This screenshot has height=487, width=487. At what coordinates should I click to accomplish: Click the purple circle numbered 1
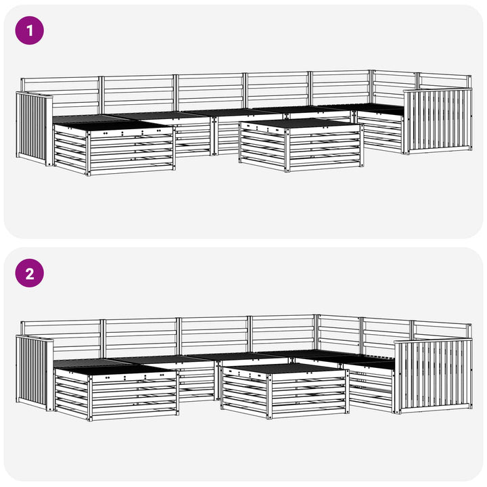(30, 30)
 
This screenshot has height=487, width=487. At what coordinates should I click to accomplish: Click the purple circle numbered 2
(30, 273)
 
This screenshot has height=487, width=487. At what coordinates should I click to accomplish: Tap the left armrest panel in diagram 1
(34, 129)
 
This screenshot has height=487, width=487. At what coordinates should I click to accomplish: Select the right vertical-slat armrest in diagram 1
(438, 121)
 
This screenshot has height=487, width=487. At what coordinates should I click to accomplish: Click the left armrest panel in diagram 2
(34, 373)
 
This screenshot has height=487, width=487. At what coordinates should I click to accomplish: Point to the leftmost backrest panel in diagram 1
(61, 95)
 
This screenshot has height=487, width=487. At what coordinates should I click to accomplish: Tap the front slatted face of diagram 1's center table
(325, 147)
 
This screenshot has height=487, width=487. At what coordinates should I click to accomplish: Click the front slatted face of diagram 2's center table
(309, 394)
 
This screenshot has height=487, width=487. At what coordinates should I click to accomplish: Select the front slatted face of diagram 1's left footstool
(131, 152)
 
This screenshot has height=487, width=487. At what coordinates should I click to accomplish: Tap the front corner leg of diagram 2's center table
(269, 396)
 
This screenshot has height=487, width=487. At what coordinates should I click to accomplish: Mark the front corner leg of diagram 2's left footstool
(90, 398)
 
